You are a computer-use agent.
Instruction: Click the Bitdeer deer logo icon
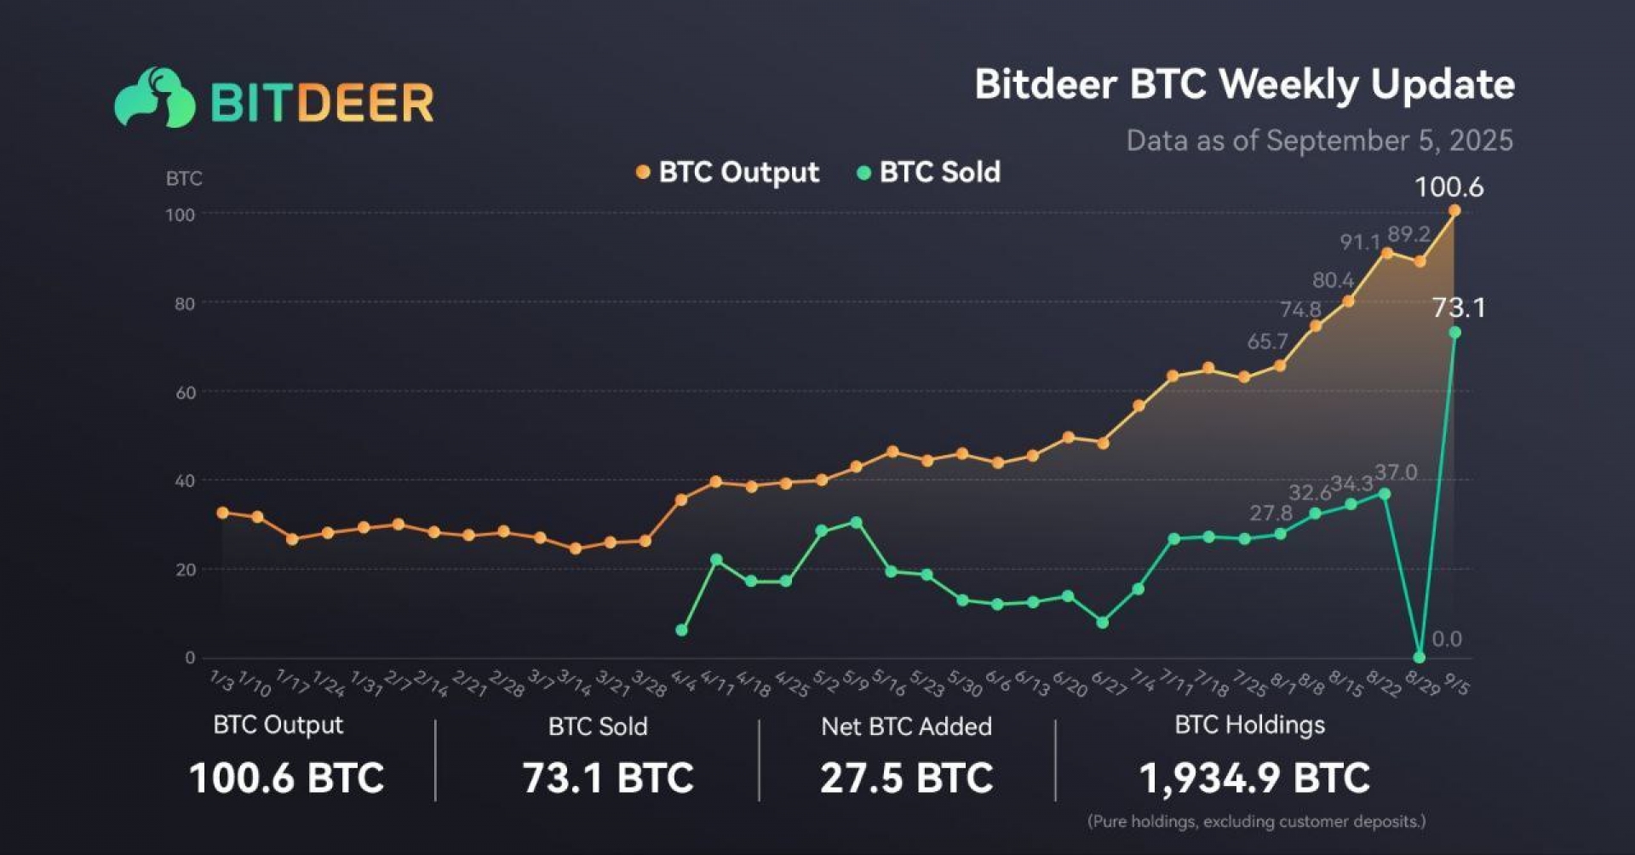click(x=155, y=98)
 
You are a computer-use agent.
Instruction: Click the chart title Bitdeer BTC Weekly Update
click(x=1244, y=84)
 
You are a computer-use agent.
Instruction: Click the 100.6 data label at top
click(x=1449, y=186)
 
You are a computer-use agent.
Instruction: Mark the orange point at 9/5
click(x=1454, y=210)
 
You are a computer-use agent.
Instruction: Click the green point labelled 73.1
click(x=1454, y=332)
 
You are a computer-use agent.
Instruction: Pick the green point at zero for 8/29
click(x=1419, y=657)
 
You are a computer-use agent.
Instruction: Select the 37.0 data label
click(x=1396, y=473)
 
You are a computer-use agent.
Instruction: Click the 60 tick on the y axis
click(x=185, y=393)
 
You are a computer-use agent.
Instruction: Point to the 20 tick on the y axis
click(x=185, y=570)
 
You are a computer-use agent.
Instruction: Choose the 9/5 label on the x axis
click(x=1457, y=683)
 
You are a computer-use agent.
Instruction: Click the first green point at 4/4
click(x=681, y=630)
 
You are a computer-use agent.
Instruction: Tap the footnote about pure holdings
click(x=1256, y=822)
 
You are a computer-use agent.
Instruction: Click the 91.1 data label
click(x=1360, y=243)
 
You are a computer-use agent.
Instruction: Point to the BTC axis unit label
click(x=184, y=179)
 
